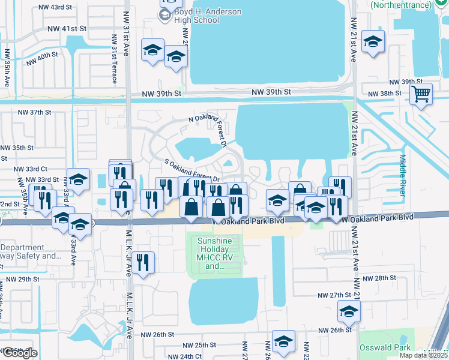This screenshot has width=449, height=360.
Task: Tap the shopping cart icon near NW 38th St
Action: click(x=421, y=94)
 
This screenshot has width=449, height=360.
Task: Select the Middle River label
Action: click(x=402, y=173)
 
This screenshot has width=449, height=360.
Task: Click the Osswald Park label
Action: click(x=385, y=347)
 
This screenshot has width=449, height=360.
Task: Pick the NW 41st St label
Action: click(x=67, y=28)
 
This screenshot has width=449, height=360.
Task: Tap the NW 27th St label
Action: click(x=334, y=295)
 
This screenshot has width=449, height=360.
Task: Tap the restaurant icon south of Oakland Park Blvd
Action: click(x=142, y=263)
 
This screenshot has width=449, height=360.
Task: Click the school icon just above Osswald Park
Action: click(x=349, y=311)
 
